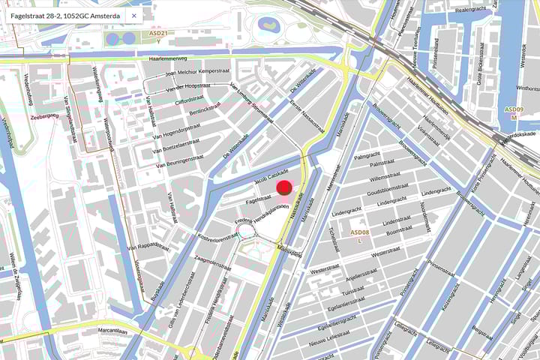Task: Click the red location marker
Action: [284, 188]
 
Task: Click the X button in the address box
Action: [133, 15]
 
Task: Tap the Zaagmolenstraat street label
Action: [213, 257]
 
